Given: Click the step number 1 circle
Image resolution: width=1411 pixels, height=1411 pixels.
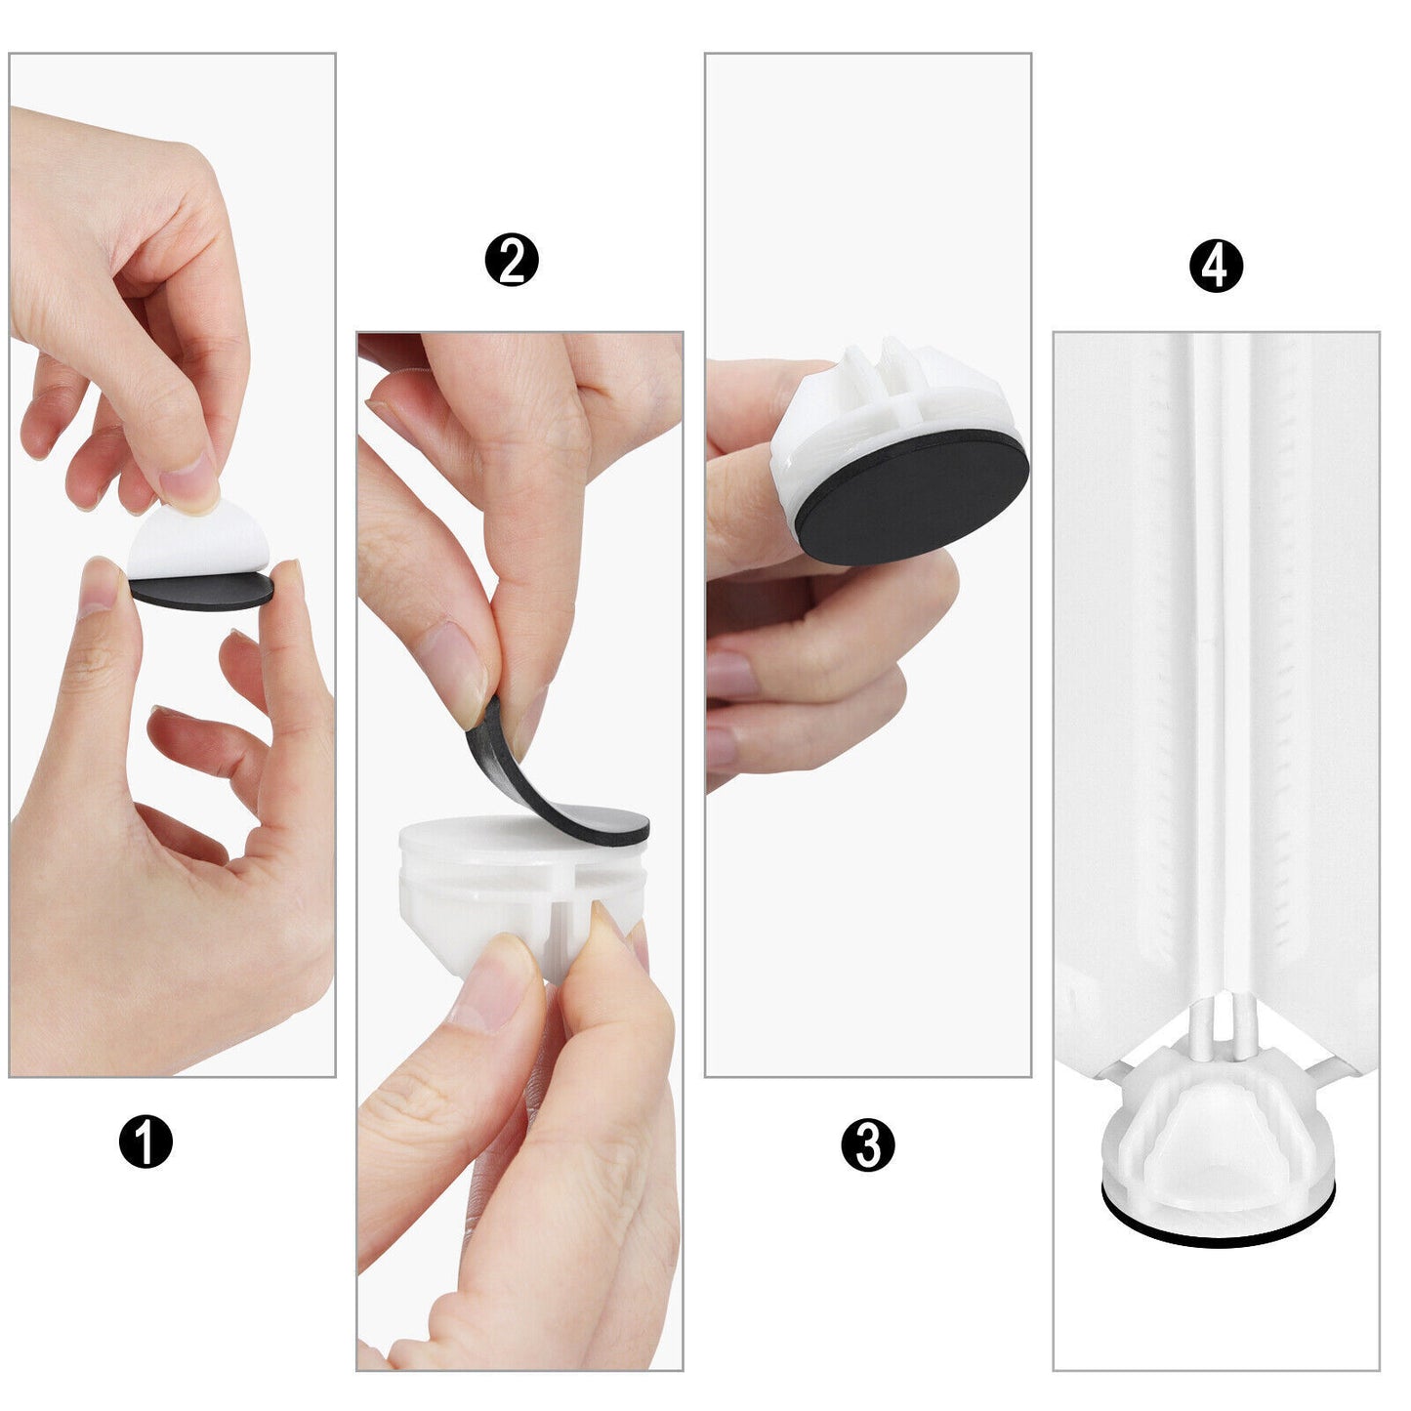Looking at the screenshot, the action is click(145, 1141).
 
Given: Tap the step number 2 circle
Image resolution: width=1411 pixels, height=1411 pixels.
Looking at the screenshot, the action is click(512, 259).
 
